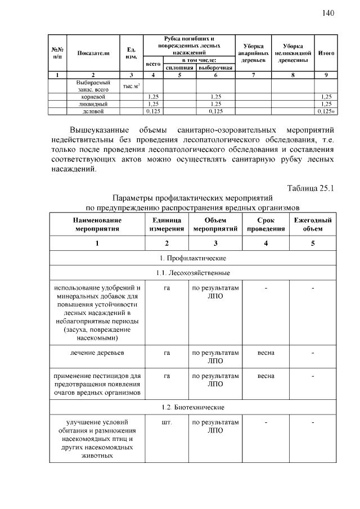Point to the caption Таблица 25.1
click(x=311, y=188)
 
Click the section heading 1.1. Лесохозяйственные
click(x=193, y=273)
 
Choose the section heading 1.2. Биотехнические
click(x=193, y=407)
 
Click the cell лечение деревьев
click(x=97, y=353)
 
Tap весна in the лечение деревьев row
click(x=266, y=353)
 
